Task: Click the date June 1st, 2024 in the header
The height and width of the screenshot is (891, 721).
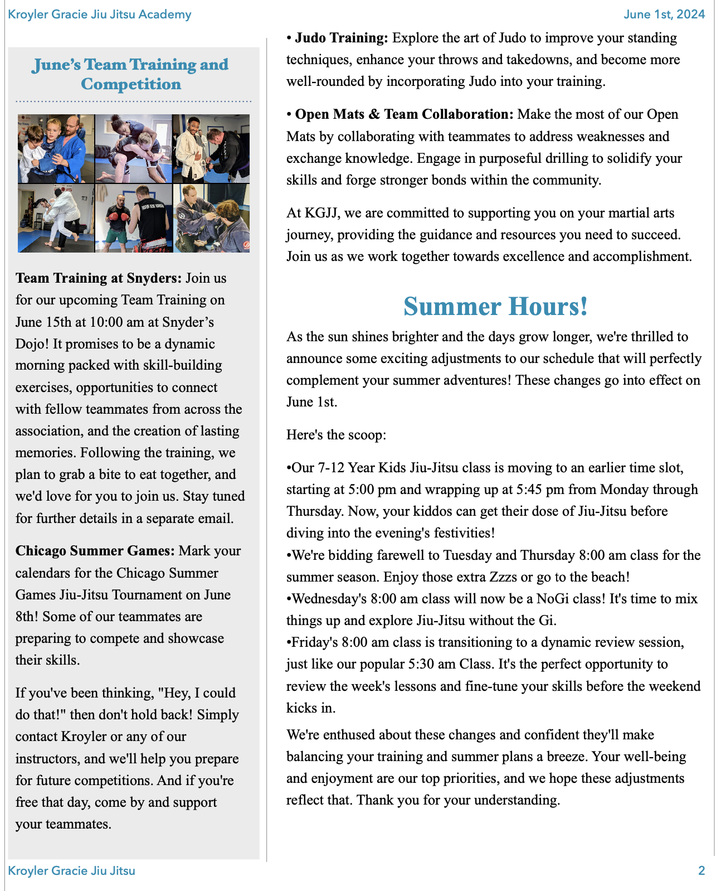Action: (664, 14)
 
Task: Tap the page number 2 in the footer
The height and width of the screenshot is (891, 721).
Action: (701, 870)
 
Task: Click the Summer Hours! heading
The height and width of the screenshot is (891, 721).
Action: (495, 306)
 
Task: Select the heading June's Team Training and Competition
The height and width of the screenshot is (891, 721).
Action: (130, 74)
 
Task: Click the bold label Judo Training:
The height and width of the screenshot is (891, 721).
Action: (341, 38)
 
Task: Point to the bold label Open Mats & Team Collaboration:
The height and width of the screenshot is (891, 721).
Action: (404, 114)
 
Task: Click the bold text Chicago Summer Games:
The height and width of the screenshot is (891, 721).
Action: (95, 551)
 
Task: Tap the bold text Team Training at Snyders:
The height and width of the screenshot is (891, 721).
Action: (99, 278)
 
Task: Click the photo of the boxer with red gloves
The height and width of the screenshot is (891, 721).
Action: (134, 219)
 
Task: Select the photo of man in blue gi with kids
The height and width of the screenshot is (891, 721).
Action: (56, 149)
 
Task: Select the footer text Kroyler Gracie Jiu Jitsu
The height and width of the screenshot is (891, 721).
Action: (72, 870)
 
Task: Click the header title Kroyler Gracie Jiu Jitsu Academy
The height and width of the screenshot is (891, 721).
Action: (100, 14)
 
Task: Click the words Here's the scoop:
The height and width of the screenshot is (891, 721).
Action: (336, 435)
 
